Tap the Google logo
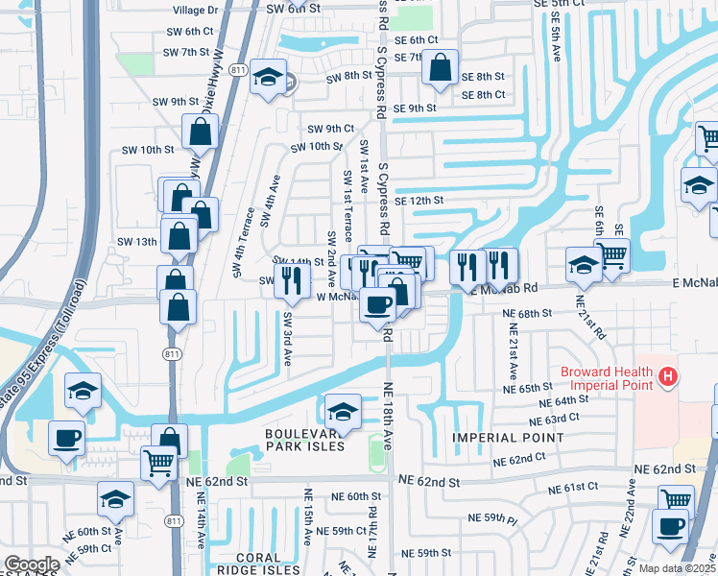[32, 564]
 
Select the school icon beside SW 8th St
[268, 79]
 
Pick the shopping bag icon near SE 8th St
[440, 69]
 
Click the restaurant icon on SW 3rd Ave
[292, 280]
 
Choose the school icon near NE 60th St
[115, 499]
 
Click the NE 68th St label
[526, 313]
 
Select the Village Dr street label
[196, 9]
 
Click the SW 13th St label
[133, 241]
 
